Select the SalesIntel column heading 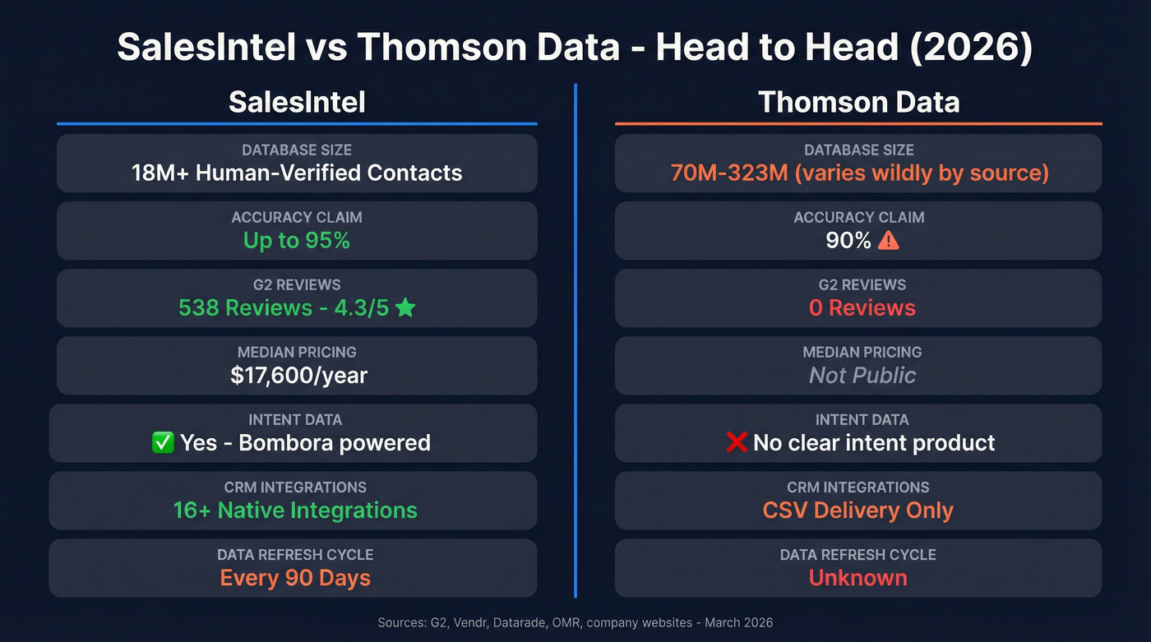click(x=297, y=102)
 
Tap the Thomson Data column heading click(x=858, y=102)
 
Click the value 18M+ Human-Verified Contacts click(x=297, y=173)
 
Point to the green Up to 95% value click(x=297, y=240)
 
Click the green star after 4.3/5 click(x=405, y=308)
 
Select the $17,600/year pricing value click(x=299, y=376)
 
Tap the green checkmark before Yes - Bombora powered click(x=163, y=443)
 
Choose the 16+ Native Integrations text click(x=295, y=510)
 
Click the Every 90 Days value click(x=295, y=578)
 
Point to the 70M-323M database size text click(x=858, y=173)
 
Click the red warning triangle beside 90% click(x=890, y=241)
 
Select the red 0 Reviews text click(x=862, y=308)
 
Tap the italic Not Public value click(x=862, y=376)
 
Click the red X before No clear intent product click(x=737, y=443)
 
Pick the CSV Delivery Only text click(x=858, y=510)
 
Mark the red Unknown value click(x=858, y=578)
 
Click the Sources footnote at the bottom click(x=575, y=623)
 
